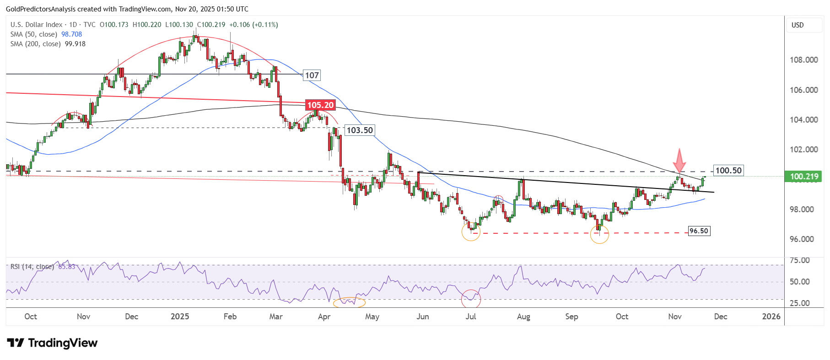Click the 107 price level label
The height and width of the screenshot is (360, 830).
(312, 75)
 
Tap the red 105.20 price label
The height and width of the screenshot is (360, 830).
(320, 105)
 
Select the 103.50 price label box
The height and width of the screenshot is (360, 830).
(359, 130)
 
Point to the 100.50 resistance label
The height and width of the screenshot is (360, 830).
(728, 171)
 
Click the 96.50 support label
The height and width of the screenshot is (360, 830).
(699, 231)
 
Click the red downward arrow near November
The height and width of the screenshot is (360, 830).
(679, 161)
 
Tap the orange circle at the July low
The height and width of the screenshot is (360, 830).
(471, 231)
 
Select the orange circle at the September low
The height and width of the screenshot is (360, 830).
(599, 234)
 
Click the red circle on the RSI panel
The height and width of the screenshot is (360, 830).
(471, 299)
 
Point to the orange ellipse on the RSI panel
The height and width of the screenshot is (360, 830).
(349, 302)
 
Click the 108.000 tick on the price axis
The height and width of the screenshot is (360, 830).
(803, 60)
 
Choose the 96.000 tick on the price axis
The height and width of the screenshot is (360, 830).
(802, 239)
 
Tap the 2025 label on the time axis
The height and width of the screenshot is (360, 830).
(180, 317)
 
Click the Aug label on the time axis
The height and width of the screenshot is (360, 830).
(523, 317)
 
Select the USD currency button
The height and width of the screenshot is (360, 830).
(798, 25)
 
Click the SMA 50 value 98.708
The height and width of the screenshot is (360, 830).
(71, 34)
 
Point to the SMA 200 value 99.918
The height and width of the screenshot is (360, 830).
(75, 44)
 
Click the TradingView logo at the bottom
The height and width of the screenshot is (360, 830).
(52, 343)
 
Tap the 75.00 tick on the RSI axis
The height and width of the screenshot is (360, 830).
(800, 260)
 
